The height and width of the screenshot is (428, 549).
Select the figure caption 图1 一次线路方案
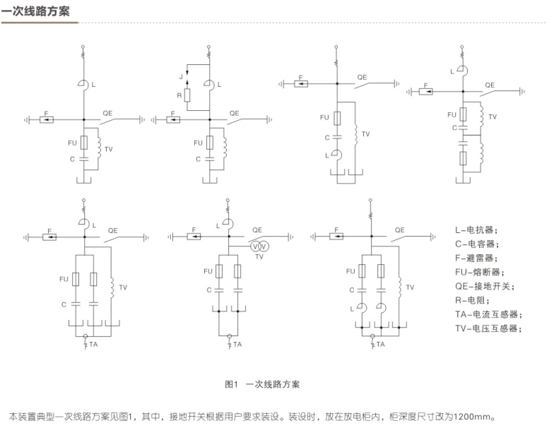(x=262, y=384)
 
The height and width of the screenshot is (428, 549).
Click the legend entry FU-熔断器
(x=480, y=273)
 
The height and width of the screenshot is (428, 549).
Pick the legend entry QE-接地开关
(x=485, y=287)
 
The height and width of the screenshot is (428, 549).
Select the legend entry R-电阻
(x=472, y=301)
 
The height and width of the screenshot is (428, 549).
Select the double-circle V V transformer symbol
(x=259, y=246)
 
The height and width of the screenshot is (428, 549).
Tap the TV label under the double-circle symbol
(x=259, y=258)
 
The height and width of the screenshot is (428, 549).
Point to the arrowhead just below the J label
(x=188, y=82)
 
